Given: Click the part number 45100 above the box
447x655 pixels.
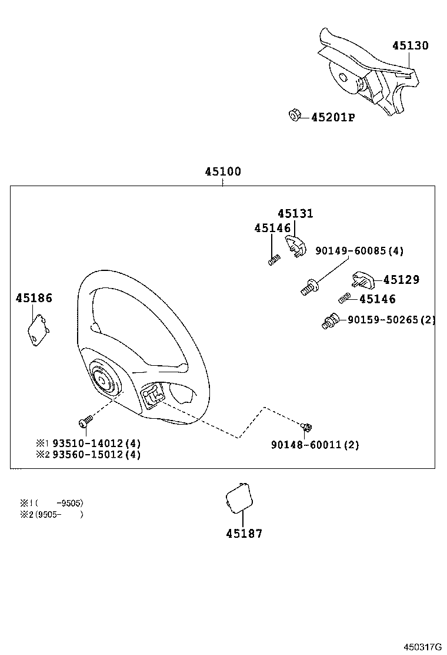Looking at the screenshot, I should tap(223, 172).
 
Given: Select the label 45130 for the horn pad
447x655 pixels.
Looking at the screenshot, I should tap(411, 45).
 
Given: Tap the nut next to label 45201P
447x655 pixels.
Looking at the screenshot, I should tap(294, 115).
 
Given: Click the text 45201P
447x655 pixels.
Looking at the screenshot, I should tap(333, 117).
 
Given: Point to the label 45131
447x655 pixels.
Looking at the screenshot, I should tap(295, 213).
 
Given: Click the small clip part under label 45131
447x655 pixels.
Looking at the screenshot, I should tap(295, 246).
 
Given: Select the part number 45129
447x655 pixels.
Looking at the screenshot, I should tap(401, 280).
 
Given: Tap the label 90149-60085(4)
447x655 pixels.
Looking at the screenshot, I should tap(359, 251).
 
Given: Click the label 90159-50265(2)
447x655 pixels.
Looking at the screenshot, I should tap(391, 320).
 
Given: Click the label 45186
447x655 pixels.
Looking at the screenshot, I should tap(34, 298).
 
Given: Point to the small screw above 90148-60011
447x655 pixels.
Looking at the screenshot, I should tap(305, 426).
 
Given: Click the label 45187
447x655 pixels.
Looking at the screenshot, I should tap(244, 534).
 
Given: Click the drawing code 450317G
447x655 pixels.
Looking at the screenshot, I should tap(422, 646).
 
